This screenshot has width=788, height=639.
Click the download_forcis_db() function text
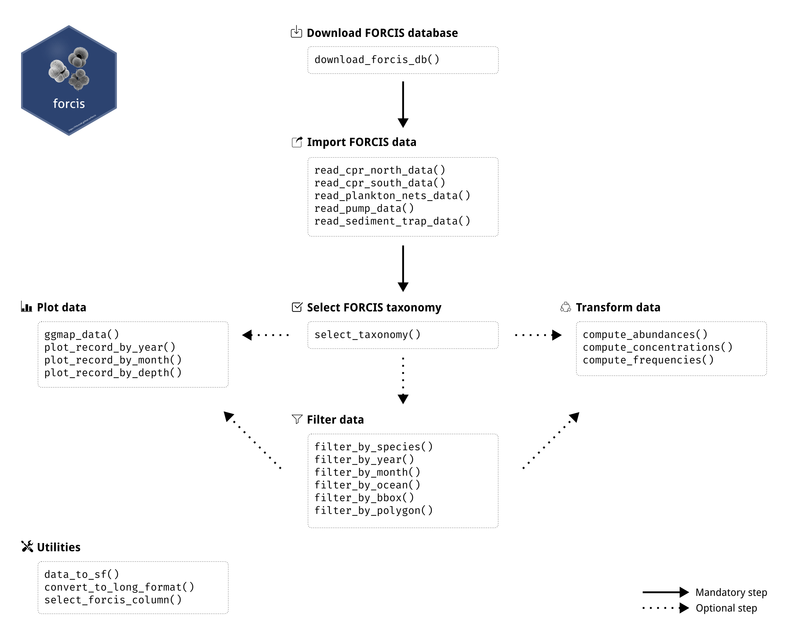pyautogui.click(x=376, y=60)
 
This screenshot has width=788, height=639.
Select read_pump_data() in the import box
pyautogui.click(x=364, y=208)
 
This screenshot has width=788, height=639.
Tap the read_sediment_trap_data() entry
pyautogui.click(x=392, y=221)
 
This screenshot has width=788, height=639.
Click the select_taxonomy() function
pyautogui.click(x=367, y=335)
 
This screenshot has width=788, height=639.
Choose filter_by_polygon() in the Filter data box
pyautogui.click(x=374, y=511)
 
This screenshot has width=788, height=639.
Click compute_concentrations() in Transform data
pyautogui.click(x=657, y=347)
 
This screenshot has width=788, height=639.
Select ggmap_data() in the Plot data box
pyautogui.click(x=82, y=335)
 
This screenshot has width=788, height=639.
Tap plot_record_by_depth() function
pyautogui.click(x=113, y=373)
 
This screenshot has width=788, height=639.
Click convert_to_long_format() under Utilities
pyautogui.click(x=119, y=587)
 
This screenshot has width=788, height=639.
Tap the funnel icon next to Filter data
pyautogui.click(x=297, y=419)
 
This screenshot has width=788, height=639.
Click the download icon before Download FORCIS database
pyautogui.click(x=296, y=32)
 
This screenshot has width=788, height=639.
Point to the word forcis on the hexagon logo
pyautogui.click(x=69, y=104)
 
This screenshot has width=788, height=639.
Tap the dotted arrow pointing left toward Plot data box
pyautogui.click(x=266, y=335)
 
